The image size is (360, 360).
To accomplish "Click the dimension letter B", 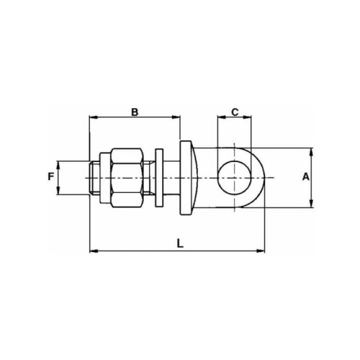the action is (x=135, y=112).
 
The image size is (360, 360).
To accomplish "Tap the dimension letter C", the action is (x=235, y=112).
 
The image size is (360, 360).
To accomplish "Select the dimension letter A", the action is (x=306, y=177).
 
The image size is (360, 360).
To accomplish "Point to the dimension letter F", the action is (x=50, y=177).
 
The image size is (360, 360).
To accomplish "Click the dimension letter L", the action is (x=180, y=243).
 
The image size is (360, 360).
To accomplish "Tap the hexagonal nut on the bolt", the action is (x=127, y=178).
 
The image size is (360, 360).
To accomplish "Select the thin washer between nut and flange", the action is (x=159, y=178).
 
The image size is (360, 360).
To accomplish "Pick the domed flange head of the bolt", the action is (x=189, y=178).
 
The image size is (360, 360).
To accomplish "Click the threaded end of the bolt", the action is (x=94, y=178).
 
